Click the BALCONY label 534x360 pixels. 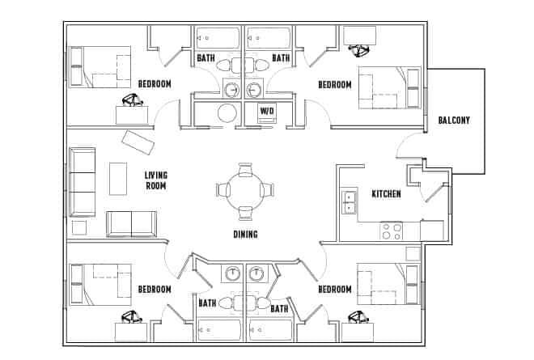pyautogui.click(x=454, y=121)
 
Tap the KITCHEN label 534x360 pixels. pyautogui.click(x=386, y=194)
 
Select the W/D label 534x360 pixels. pyautogui.click(x=265, y=111)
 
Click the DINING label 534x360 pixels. pyautogui.click(x=245, y=235)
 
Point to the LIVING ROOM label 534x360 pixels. pyautogui.click(x=155, y=180)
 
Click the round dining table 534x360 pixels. pyautogui.click(x=245, y=190)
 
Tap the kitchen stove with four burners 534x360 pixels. pyautogui.click(x=392, y=231)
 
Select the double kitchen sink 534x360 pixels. pyautogui.click(x=349, y=202)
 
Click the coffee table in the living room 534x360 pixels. pyautogui.click(x=118, y=179)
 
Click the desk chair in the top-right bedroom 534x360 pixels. pyautogui.click(x=357, y=50)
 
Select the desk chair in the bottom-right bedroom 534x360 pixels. pyautogui.click(x=355, y=317)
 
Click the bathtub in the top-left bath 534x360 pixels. pyautogui.click(x=218, y=38)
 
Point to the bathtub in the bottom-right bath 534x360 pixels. pyautogui.click(x=269, y=330)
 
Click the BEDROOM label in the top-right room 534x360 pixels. pyautogui.click(x=334, y=85)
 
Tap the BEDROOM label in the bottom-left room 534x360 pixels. pyautogui.click(x=154, y=290)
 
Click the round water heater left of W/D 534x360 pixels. pyautogui.click(x=228, y=112)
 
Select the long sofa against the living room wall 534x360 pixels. pyautogui.click(x=82, y=182)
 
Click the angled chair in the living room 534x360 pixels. pyautogui.click(x=138, y=143)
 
